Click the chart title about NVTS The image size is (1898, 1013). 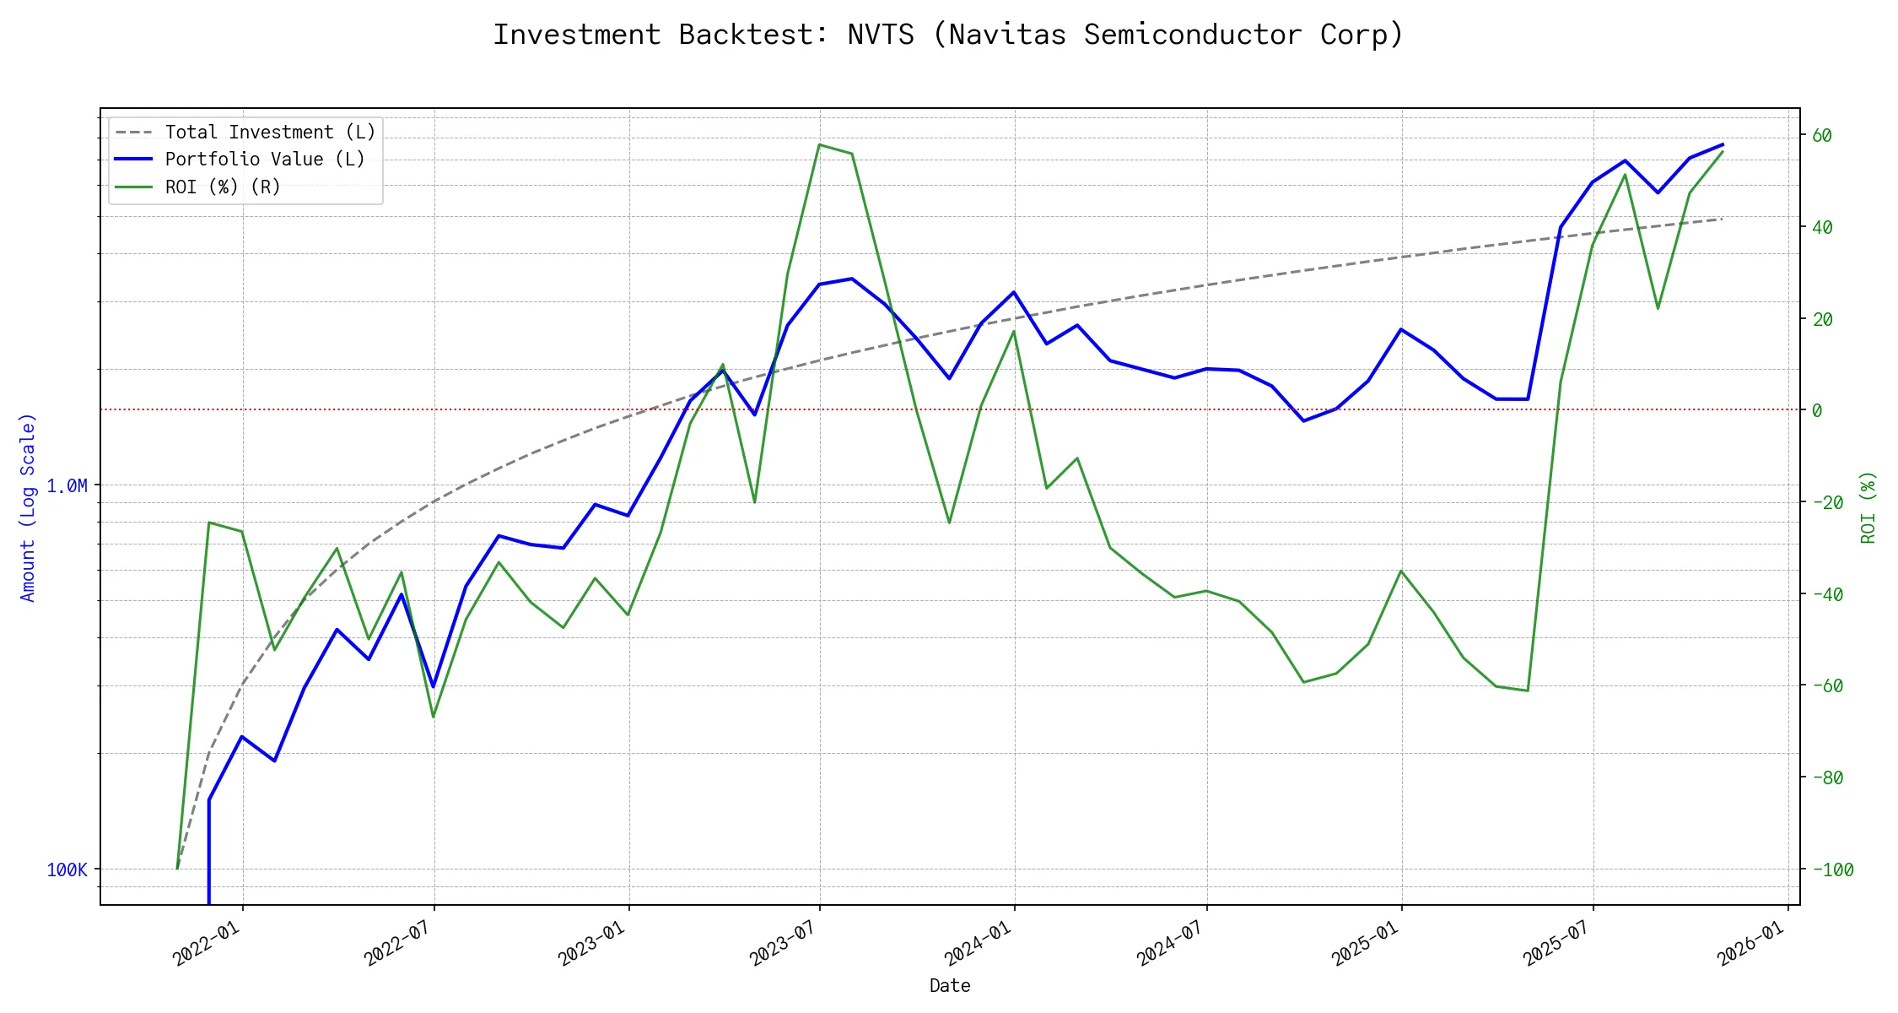point(948,35)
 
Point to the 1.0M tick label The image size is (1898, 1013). point(67,486)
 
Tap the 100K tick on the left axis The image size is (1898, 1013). point(67,870)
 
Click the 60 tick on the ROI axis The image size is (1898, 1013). point(1821,136)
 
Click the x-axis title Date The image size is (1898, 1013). point(950,986)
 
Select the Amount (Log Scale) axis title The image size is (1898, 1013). point(29,507)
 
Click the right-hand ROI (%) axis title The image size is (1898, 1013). point(1868,507)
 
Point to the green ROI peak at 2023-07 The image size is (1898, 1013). point(819,144)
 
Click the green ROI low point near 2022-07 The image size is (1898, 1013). point(434,718)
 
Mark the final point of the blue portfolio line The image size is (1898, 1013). point(1723,144)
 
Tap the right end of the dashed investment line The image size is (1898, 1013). point(1722,219)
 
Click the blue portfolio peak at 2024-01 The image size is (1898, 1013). point(1014,292)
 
